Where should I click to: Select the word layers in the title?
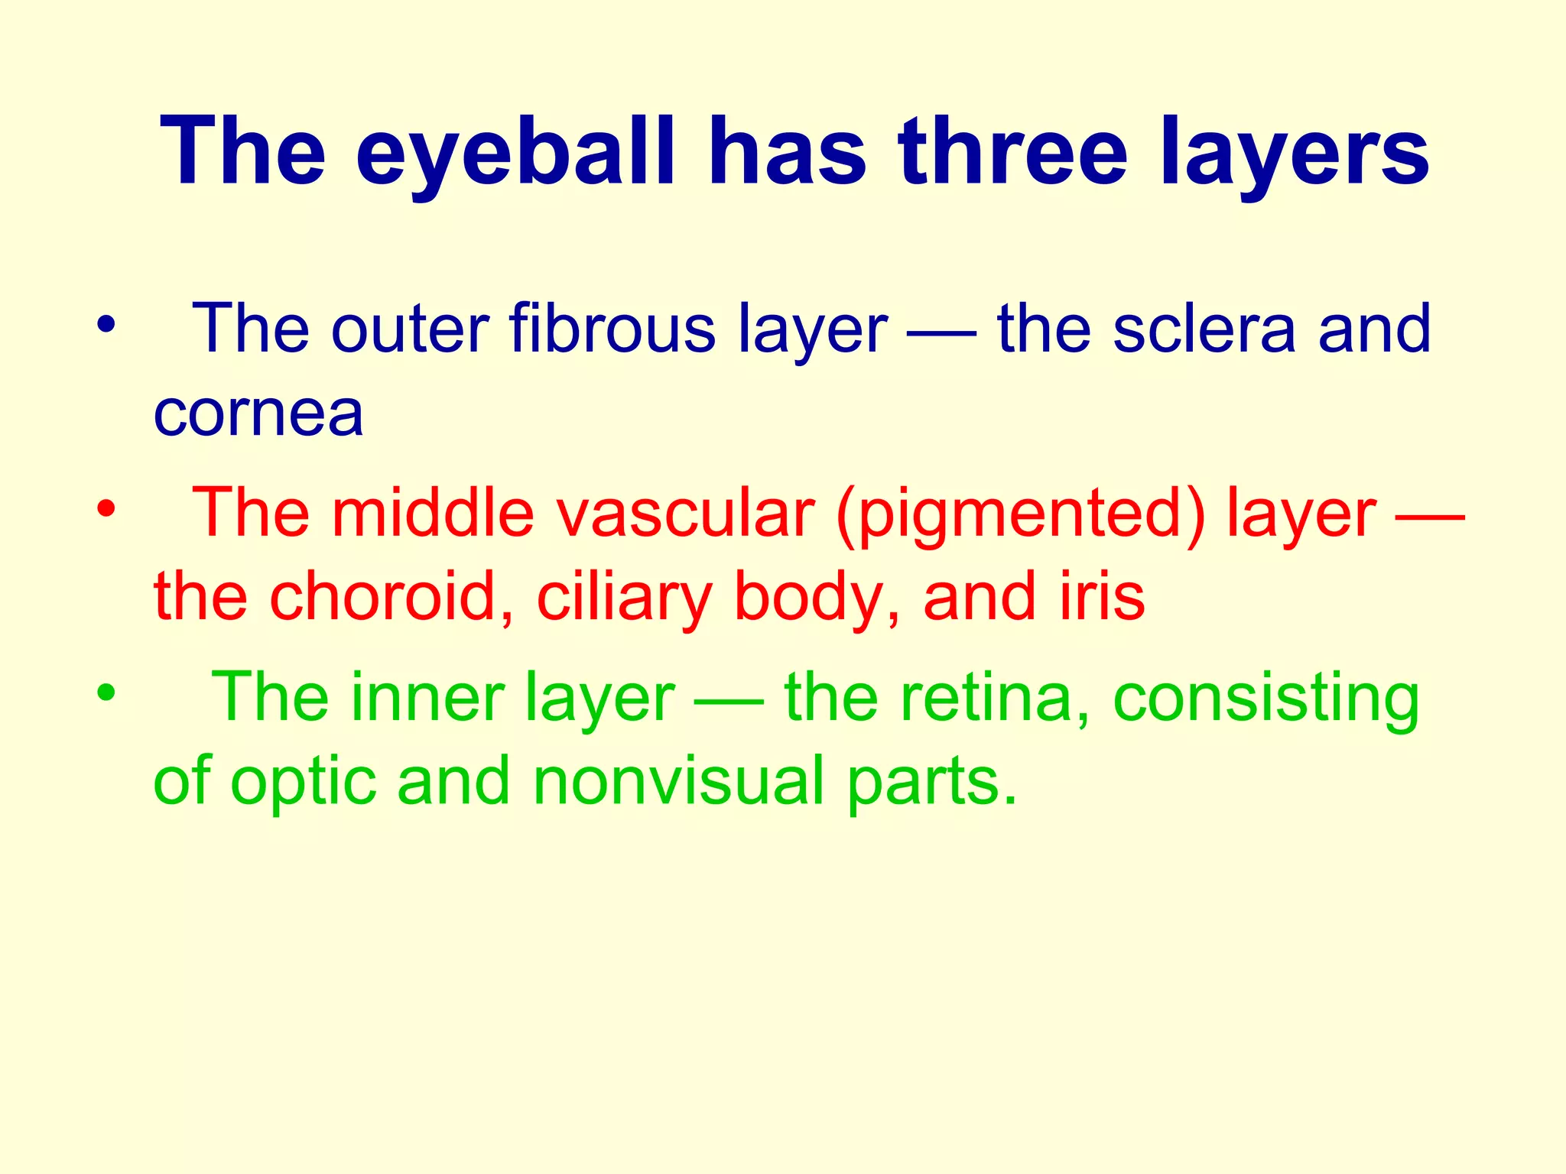(1295, 153)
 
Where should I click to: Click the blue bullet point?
(106, 324)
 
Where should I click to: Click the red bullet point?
(106, 508)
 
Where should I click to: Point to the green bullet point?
(106, 692)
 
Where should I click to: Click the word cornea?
(258, 414)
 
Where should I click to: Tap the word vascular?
(685, 513)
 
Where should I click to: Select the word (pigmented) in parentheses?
(1022, 514)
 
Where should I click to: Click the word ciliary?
(624, 598)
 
